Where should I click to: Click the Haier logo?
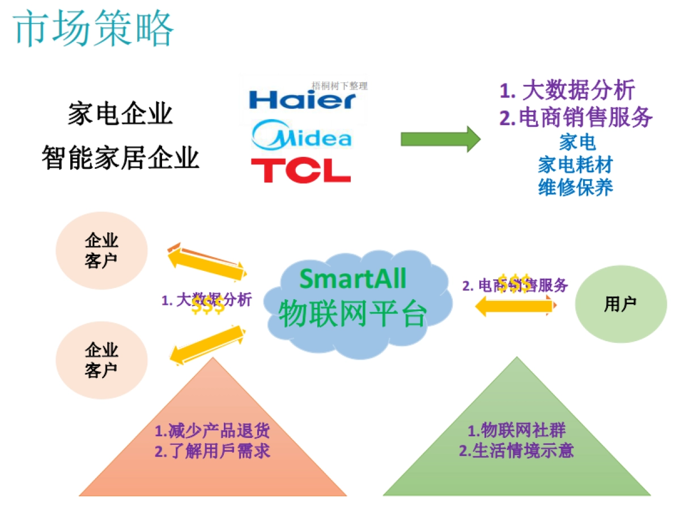tap(302, 101)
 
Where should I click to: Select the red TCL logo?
tap(300, 169)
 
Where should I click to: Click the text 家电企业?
tap(120, 113)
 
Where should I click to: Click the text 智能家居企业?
tap(120, 157)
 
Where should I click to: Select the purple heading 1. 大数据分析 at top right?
tap(567, 90)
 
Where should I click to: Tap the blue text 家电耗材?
tap(575, 164)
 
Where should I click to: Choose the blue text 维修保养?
tap(575, 187)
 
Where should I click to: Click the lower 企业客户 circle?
tap(101, 360)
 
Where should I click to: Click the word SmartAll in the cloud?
tap(352, 278)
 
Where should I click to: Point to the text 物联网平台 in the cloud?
tap(352, 313)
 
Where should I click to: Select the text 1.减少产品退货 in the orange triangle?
tap(212, 431)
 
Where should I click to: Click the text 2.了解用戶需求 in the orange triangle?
tap(212, 451)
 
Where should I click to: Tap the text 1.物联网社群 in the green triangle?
tap(516, 431)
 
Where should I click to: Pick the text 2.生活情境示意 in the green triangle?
tap(516, 451)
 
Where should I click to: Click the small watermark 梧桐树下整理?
tap(340, 86)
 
